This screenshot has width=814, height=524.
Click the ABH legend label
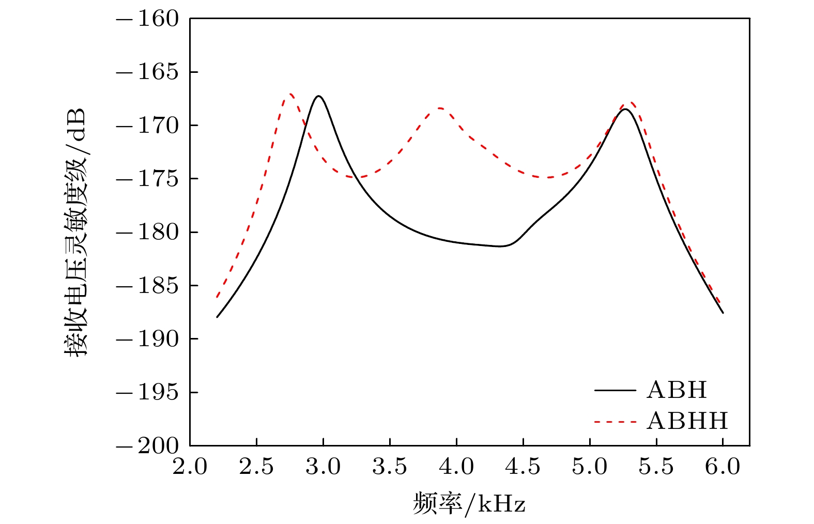point(676,390)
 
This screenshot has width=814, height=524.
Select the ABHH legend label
point(687,422)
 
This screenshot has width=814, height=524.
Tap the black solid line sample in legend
point(615,390)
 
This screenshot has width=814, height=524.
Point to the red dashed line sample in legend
point(615,422)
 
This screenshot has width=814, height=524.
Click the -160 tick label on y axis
point(147,19)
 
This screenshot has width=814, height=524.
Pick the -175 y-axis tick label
point(147,179)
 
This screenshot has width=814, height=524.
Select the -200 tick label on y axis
point(147,445)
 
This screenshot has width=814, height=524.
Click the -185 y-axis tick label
point(147,285)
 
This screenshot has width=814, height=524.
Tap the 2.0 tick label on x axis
point(190,467)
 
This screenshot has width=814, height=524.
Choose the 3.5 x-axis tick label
point(390,467)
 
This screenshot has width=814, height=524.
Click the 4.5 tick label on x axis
point(523,467)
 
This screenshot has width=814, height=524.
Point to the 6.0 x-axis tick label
point(723,467)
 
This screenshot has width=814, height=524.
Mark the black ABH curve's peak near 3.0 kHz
point(318,96)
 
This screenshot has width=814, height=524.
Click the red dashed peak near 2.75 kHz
point(290,94)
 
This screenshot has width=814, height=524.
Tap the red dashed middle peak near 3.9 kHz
point(440,108)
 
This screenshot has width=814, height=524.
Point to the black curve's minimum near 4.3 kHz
point(500,246)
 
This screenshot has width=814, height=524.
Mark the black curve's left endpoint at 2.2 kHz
point(217,317)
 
